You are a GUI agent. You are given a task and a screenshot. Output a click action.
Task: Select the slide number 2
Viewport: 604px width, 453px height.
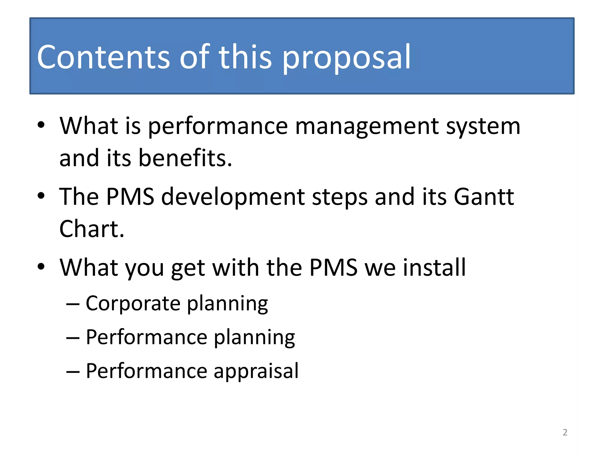pyautogui.click(x=565, y=432)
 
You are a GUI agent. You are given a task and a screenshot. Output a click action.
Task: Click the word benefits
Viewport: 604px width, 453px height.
pyautogui.click(x=185, y=158)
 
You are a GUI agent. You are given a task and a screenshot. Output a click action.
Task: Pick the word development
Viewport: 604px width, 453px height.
pyautogui.click(x=233, y=198)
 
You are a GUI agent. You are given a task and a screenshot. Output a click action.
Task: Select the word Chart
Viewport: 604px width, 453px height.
pyautogui.click(x=92, y=229)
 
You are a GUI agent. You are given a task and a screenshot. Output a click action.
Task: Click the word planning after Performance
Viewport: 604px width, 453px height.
pyautogui.click(x=254, y=338)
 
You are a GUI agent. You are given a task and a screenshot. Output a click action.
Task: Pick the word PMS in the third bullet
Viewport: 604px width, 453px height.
pyautogui.click(x=333, y=267)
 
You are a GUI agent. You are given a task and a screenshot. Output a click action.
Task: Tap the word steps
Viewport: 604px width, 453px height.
pyautogui.click(x=340, y=198)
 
